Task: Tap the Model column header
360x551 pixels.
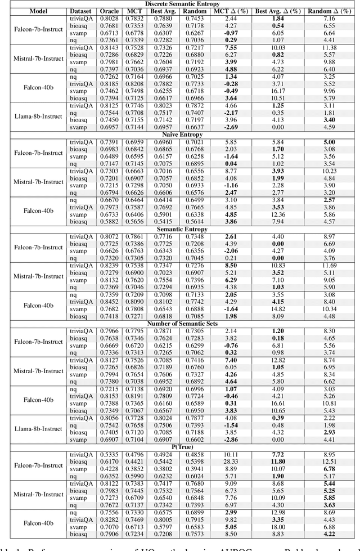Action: coord(29,11)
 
